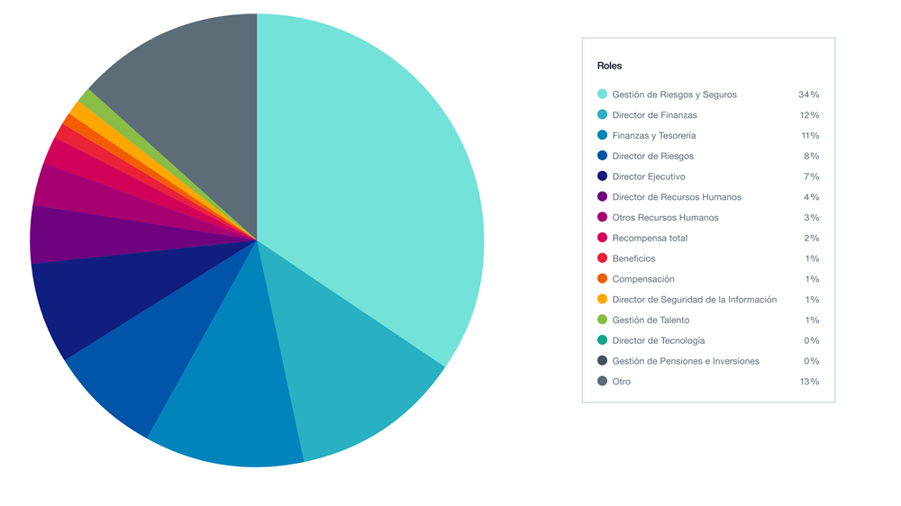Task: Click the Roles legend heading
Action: coord(609,66)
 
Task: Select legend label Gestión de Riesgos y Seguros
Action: coord(674,95)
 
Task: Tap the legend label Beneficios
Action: coord(633,258)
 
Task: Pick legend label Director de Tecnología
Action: coord(658,340)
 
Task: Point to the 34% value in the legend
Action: coord(808,95)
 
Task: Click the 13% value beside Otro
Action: coord(808,382)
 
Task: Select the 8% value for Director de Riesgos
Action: coord(811,156)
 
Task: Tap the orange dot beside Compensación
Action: coord(602,279)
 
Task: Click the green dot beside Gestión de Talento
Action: coord(602,320)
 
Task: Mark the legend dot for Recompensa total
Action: coord(602,238)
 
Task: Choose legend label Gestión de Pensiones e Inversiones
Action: coord(685,361)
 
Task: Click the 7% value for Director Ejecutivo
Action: coord(811,176)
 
